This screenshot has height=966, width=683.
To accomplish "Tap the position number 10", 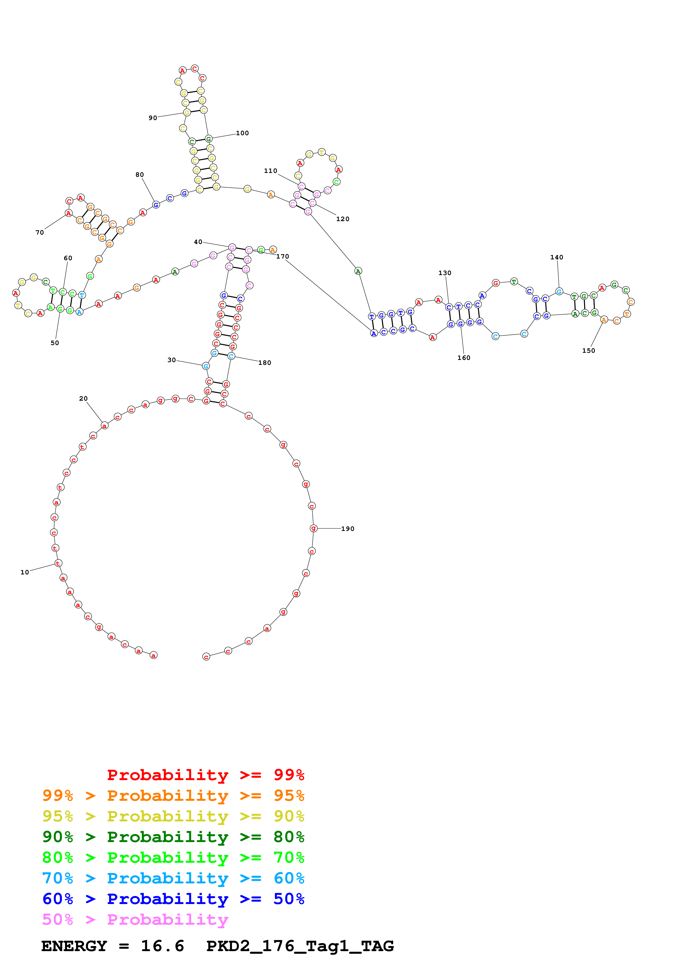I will [25, 572].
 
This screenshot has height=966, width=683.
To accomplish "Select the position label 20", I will [83, 398].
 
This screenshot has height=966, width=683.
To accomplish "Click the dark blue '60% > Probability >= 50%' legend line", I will [173, 899].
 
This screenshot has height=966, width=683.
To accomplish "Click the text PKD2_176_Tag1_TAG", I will [300, 946].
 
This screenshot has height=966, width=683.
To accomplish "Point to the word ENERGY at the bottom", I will [74, 946].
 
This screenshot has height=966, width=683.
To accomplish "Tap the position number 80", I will [139, 175].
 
